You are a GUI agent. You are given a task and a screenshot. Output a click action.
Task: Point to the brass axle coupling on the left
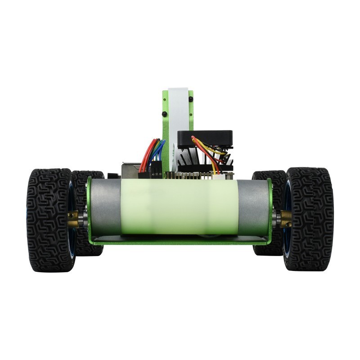[73, 219]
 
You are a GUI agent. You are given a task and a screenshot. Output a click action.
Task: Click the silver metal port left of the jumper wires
[128, 170]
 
